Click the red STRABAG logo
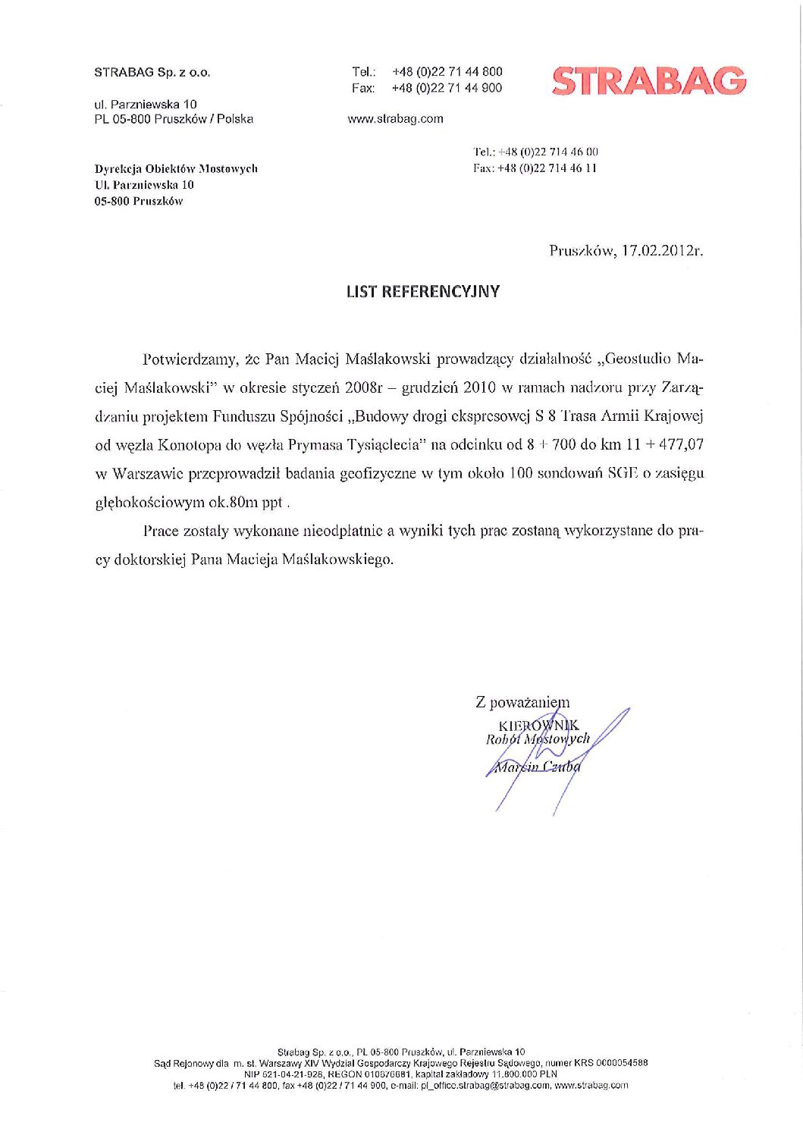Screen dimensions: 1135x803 (x=649, y=81)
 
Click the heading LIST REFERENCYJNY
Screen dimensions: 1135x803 (x=422, y=292)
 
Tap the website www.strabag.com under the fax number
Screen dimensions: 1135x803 (x=395, y=119)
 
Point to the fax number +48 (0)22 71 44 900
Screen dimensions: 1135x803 (x=447, y=88)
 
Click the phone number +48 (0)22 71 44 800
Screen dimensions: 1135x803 (x=447, y=71)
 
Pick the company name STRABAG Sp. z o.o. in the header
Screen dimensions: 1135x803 (x=152, y=73)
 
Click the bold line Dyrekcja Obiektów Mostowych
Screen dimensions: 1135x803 (x=176, y=168)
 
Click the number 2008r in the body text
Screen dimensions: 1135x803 (x=365, y=387)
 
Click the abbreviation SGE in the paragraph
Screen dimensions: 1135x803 (x=621, y=474)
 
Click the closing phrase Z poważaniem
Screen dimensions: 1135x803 (x=522, y=703)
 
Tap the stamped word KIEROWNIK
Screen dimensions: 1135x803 (x=538, y=726)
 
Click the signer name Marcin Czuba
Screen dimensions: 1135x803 (x=538, y=767)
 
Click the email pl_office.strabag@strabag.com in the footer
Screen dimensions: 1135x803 (x=485, y=1085)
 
